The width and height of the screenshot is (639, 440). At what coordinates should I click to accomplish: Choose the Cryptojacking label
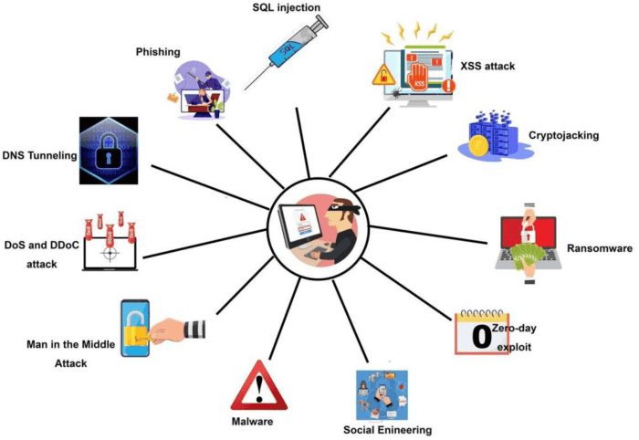[563, 135]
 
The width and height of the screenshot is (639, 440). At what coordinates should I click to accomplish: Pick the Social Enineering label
[387, 429]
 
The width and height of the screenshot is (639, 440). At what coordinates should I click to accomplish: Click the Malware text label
[252, 423]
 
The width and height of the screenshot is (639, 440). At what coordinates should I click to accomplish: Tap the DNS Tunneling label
[38, 156]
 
